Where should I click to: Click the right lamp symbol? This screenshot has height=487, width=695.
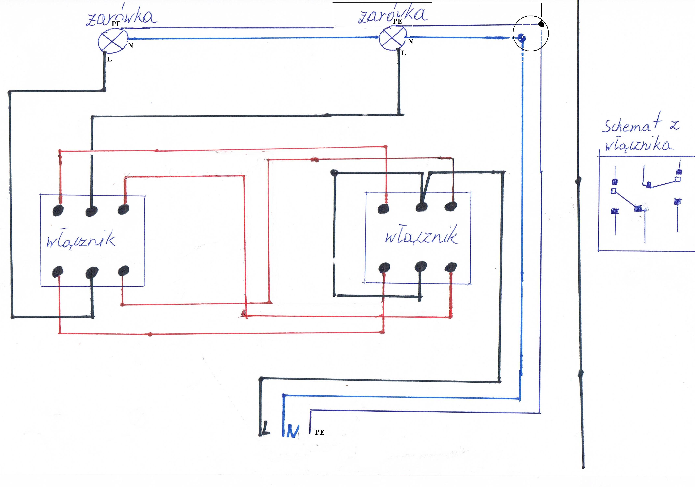click(x=393, y=38)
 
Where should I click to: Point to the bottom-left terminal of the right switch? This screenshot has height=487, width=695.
click(x=384, y=268)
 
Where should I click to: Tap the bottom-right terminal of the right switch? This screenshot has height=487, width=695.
click(x=451, y=267)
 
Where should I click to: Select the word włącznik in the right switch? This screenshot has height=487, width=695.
click(x=421, y=235)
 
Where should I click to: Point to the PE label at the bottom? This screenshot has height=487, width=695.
click(x=319, y=432)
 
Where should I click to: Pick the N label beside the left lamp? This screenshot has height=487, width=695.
click(x=131, y=46)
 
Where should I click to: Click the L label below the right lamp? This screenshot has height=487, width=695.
click(x=404, y=53)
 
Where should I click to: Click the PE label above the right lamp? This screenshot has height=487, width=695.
click(x=397, y=21)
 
